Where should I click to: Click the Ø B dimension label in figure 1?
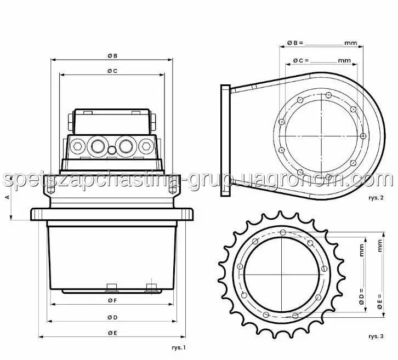[112, 55]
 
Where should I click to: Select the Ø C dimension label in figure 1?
[112, 71]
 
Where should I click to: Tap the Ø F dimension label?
[112, 300]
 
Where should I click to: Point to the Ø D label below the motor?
[112, 317]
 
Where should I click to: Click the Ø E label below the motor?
[112, 333]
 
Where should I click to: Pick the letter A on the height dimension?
[8, 197]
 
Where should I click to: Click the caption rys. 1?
[179, 347]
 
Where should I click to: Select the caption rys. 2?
[376, 198]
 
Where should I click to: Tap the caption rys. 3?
[376, 336]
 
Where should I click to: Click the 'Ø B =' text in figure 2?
[295, 43]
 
